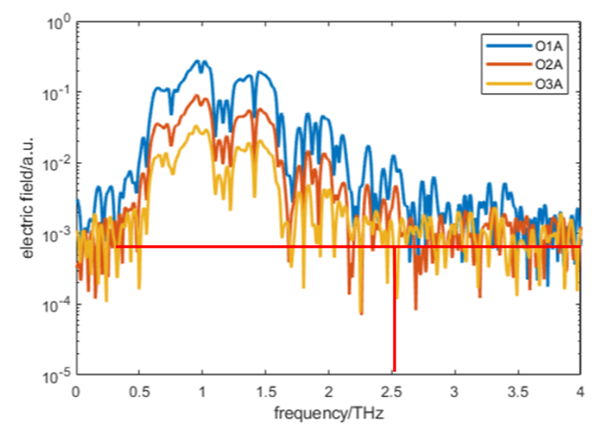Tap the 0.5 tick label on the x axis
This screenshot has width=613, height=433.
pyautogui.click(x=139, y=392)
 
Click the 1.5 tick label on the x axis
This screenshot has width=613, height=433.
pyautogui.click(x=265, y=392)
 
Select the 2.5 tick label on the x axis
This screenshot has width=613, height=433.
pyautogui.click(x=392, y=392)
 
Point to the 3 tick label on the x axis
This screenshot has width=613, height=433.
pyautogui.click(x=454, y=392)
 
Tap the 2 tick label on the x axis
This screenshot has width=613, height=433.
pyautogui.click(x=329, y=392)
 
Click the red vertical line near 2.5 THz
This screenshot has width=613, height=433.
pyautogui.click(x=394, y=314)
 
